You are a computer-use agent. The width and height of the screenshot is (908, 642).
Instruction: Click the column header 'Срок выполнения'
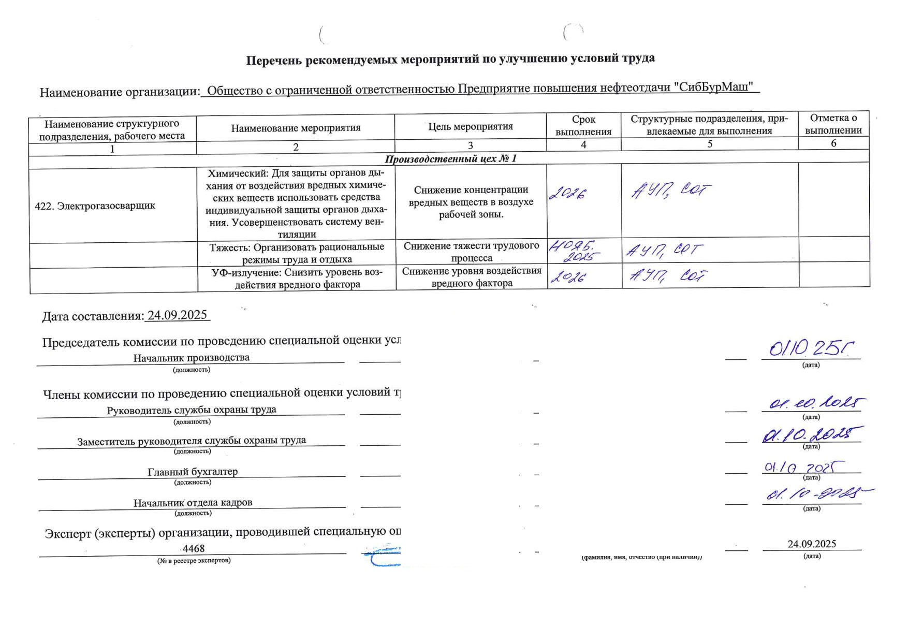pos(583,126)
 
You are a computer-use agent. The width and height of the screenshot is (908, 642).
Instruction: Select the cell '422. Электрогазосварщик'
pos(95,206)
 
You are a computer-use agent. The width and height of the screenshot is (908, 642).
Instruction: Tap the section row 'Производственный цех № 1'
pos(450,158)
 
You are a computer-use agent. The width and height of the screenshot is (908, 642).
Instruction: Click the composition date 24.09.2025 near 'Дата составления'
pos(177,315)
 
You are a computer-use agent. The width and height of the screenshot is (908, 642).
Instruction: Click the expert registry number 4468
pos(194,549)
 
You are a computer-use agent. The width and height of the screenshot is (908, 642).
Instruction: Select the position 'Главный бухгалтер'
pos(193,472)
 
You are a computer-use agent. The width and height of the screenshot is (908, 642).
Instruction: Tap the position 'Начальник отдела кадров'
pos(193,503)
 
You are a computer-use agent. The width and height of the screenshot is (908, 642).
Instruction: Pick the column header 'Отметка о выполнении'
pos(833,124)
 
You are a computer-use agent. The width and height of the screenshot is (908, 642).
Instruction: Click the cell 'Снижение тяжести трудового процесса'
pos(471,252)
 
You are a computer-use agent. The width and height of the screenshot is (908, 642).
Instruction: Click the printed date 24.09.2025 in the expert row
pos(812,544)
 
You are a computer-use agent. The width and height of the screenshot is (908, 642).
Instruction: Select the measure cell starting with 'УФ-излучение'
pos(297,279)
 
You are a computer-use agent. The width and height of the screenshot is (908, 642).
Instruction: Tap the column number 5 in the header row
pos(710,144)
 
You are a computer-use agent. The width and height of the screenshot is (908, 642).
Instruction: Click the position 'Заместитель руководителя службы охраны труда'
pos(192,441)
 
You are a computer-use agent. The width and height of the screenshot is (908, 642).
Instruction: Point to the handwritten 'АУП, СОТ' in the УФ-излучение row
pos(668,276)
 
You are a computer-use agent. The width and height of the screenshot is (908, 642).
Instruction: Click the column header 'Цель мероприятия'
pos(470,127)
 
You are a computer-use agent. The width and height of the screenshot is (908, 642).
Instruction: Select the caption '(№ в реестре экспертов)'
pos(194,560)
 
